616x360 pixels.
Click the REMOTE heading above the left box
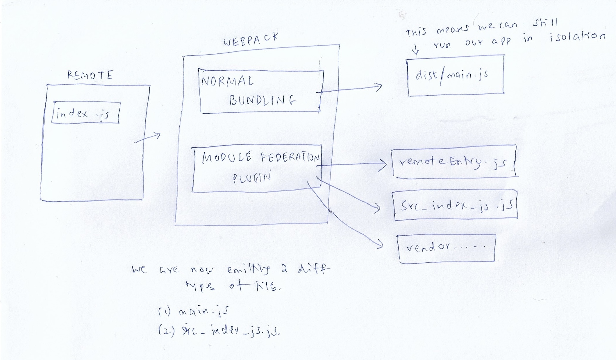(x=90, y=75)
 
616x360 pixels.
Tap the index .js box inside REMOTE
(x=85, y=113)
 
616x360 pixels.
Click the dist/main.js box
(x=456, y=75)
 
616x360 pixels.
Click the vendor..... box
(x=446, y=248)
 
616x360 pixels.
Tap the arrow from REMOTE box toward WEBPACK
(x=148, y=138)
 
